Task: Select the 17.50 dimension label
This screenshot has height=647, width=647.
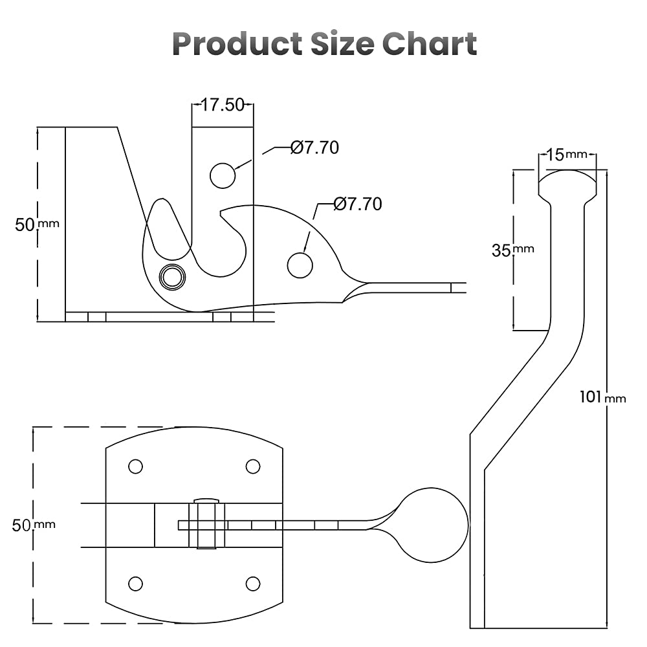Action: [222, 105]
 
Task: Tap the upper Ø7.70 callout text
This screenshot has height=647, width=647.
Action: [315, 148]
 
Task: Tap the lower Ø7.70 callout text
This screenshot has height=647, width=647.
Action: [358, 204]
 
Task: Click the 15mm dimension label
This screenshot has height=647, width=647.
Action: [566, 155]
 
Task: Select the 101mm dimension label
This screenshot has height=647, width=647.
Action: [602, 397]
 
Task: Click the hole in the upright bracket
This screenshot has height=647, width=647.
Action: [223, 175]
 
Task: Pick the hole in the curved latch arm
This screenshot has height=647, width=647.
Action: [300, 265]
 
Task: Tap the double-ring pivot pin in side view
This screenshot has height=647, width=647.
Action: [172, 277]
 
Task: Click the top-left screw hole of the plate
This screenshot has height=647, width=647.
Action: [135, 466]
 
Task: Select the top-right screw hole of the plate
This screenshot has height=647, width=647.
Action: [253, 466]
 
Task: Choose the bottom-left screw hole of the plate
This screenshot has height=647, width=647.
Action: [135, 584]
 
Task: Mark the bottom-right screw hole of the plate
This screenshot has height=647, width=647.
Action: [253, 584]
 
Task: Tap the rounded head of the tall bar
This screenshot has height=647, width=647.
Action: [567, 182]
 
